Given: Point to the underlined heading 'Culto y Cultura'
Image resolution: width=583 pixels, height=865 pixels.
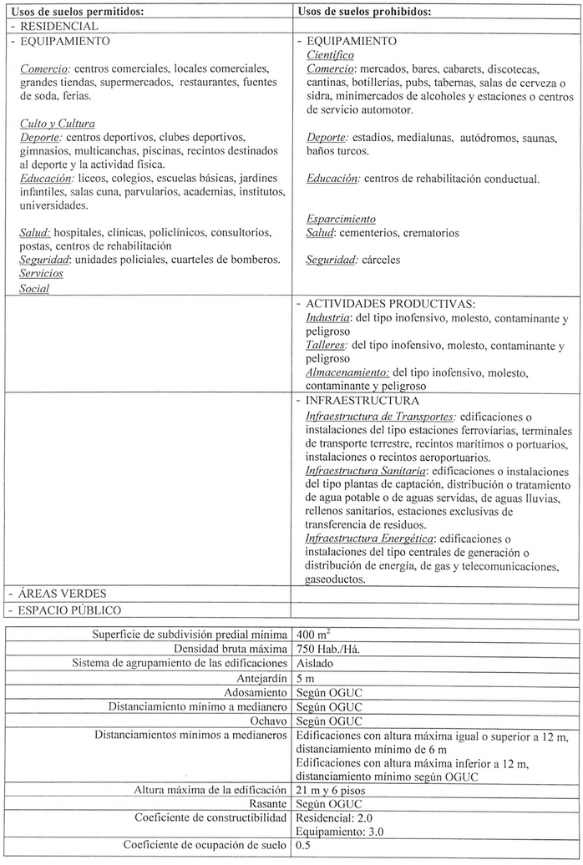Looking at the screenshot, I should (x=57, y=123).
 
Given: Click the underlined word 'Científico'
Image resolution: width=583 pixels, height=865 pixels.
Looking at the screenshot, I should (x=331, y=53).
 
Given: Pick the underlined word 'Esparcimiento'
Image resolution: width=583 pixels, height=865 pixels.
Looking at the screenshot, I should (x=341, y=219).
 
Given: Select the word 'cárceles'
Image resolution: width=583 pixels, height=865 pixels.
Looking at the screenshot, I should (x=381, y=260).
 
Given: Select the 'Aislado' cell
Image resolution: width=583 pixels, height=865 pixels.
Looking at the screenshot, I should (x=314, y=663).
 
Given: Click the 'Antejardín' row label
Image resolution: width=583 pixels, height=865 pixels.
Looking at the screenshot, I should (x=264, y=678).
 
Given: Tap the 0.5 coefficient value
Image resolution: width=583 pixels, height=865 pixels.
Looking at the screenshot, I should (x=304, y=846).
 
